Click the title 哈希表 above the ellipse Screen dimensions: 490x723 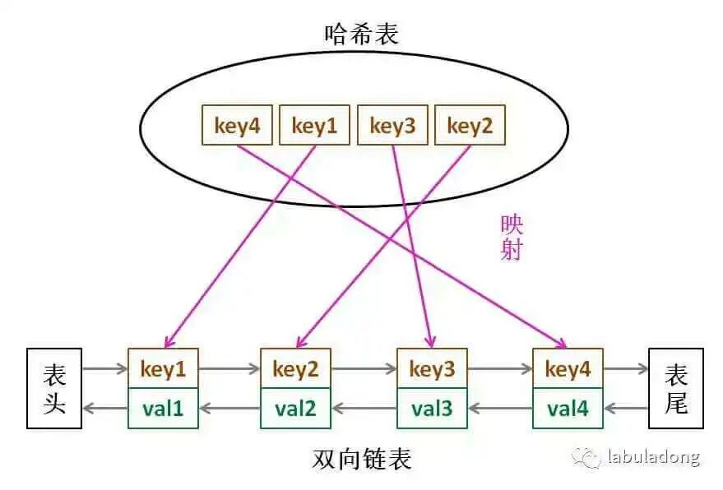coord(360,34)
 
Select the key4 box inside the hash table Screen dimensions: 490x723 coord(237,126)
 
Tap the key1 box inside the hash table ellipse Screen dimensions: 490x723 coord(314,126)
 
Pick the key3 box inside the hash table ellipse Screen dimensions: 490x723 coord(392,126)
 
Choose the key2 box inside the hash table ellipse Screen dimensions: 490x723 coord(470,126)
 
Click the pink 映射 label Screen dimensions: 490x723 coord(512,238)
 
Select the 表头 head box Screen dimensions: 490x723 coord(54,389)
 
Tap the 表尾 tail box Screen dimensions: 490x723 coord(675,389)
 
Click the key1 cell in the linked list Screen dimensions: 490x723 coord(163,369)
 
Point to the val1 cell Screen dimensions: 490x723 coord(163,408)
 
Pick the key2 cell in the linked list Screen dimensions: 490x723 coord(295,369)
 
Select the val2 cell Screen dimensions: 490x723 coord(295,408)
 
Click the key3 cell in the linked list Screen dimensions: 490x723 coord(432,369)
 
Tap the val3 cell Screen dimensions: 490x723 coord(432,408)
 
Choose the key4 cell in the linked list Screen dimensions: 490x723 coord(568,369)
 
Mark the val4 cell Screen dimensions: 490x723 coord(568,408)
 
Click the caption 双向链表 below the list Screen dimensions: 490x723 coord(362,459)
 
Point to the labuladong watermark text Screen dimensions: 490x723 coord(653,457)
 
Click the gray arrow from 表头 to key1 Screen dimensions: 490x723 coord(104,370)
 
